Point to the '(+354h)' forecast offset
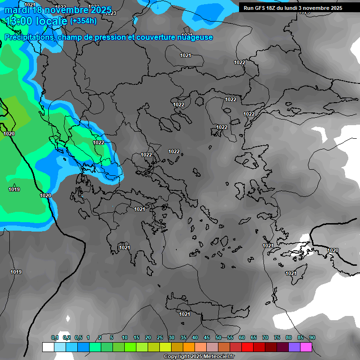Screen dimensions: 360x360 tap(83, 21)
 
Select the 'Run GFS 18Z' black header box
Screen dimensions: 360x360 tap(293, 8)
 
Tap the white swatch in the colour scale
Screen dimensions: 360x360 tap(48, 347)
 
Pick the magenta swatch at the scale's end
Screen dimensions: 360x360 tap(306, 347)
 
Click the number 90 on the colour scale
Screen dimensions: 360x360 tap(312, 338)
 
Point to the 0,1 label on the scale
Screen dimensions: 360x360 tap(55, 338)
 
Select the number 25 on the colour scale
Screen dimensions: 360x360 tap(160, 338)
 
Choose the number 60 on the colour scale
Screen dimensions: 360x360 tap(242, 338)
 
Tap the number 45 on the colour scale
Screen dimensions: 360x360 tap(207, 338)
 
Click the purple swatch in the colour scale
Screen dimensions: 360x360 tap(294, 347)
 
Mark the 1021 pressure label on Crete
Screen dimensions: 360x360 tap(185, 314)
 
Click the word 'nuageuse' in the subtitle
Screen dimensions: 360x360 tap(194, 37)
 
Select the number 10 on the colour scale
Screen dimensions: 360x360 tap(125, 338)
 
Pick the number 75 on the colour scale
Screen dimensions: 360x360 tap(277, 338)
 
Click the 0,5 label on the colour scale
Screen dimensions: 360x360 tap(78, 338)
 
